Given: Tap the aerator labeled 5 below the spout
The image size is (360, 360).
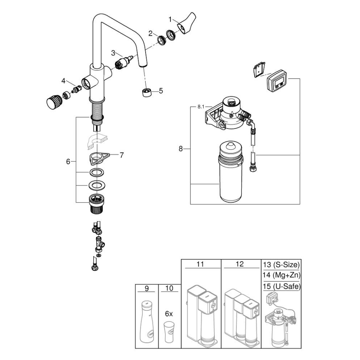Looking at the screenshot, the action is tap(146, 91).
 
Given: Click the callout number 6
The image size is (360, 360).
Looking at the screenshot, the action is tap(68, 162).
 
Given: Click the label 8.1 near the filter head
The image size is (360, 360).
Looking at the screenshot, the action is tap(200, 107).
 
